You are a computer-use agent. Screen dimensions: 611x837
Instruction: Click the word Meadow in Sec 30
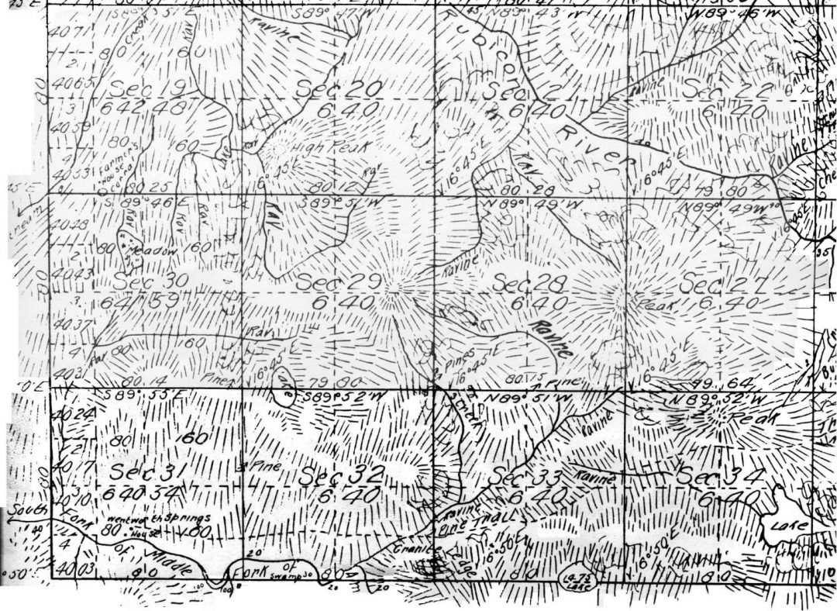146,251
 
